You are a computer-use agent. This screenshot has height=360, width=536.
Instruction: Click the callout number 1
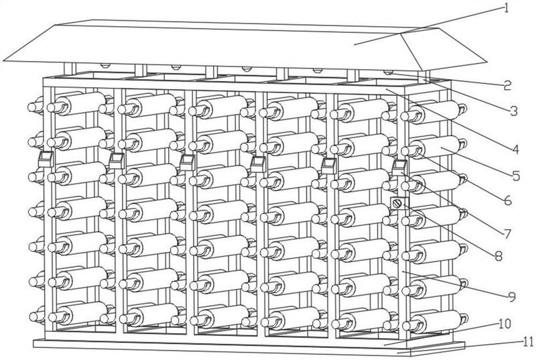tap(507, 7)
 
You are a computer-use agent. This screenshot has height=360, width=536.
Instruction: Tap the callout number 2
tap(507, 85)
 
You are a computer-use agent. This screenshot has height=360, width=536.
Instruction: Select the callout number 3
tap(514, 111)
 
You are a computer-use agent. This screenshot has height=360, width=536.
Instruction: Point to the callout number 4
tap(515, 149)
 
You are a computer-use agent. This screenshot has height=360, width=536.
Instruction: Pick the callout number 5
tap(516, 176)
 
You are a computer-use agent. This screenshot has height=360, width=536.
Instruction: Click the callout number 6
tap(508, 200)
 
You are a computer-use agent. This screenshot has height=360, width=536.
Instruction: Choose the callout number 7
tap(507, 233)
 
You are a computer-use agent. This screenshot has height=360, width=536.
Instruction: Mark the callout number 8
tap(498, 255)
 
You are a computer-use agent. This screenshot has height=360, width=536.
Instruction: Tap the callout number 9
tap(512, 297)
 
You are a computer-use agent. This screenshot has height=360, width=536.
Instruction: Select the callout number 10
tap(505, 323)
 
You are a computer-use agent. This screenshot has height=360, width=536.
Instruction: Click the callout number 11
tap(529, 341)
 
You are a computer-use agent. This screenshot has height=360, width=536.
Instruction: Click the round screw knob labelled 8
tap(397, 204)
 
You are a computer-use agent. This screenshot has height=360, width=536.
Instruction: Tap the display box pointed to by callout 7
tap(399, 168)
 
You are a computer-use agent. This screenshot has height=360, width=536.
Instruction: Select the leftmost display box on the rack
tap(46, 160)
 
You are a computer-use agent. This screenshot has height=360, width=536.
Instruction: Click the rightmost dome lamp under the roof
tap(388, 72)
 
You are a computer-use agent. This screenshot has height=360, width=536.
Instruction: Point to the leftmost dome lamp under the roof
tap(105, 65)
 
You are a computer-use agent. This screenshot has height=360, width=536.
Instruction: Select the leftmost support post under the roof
tap(70, 70)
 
